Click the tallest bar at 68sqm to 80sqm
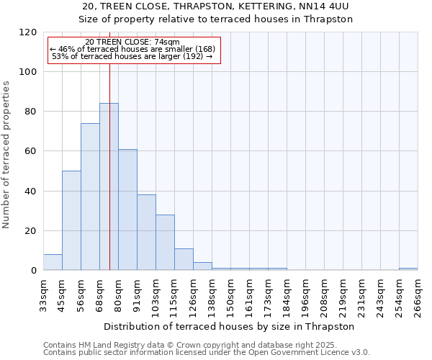[109, 187]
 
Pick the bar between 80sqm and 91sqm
[127, 210]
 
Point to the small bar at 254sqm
[408, 269]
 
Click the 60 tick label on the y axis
[32, 151]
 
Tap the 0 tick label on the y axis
[34, 271]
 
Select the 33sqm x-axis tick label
[43, 295]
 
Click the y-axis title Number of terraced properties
[6, 155]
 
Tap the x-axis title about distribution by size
[230, 326]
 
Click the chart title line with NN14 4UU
[216, 6]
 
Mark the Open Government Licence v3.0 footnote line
[207, 352]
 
